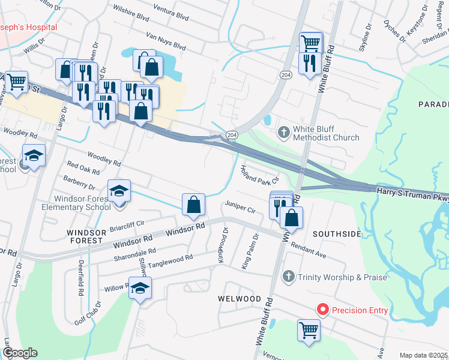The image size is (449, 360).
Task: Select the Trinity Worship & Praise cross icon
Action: [x=288, y=277]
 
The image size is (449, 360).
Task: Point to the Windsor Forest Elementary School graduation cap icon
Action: [x=119, y=191]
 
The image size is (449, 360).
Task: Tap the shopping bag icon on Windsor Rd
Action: [x=193, y=206]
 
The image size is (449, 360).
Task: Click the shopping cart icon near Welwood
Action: [x=309, y=329]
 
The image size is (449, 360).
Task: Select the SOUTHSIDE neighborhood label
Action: [x=337, y=233]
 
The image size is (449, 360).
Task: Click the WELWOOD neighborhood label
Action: [x=240, y=299]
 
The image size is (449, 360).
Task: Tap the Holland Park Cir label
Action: [x=260, y=175]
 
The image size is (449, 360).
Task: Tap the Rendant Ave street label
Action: [x=308, y=250]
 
